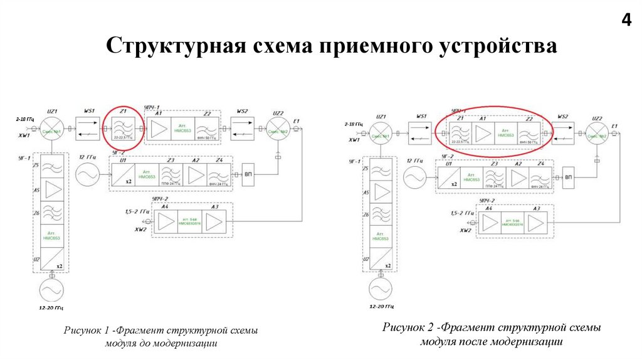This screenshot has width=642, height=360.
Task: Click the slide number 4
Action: [x=626, y=20]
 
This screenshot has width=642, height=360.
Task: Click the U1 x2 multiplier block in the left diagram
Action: [x=124, y=172]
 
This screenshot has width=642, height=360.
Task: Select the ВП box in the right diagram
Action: [x=569, y=178]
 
